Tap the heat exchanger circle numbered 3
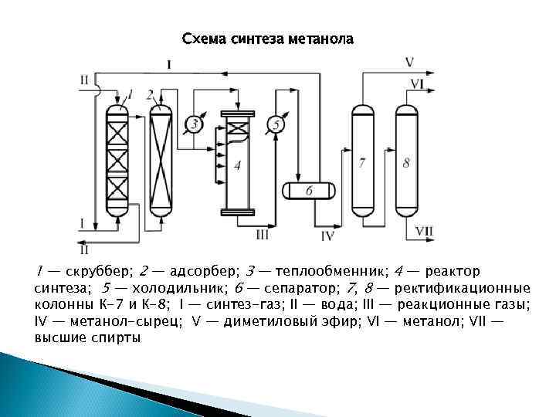point(193,124)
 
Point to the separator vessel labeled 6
point(308,190)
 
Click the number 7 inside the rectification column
point(361,163)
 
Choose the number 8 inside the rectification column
point(406,163)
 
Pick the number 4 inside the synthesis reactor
point(237,164)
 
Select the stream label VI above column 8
point(417,83)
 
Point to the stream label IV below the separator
point(327,235)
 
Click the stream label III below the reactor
point(263,234)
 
